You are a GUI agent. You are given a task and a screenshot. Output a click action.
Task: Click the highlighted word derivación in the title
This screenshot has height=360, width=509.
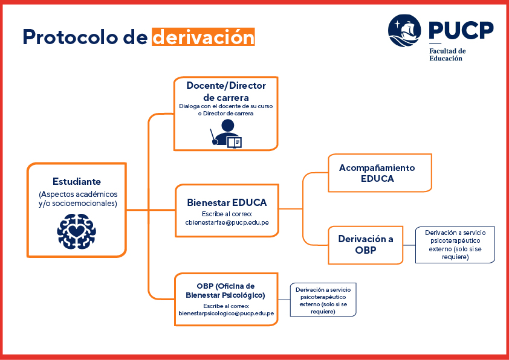204,37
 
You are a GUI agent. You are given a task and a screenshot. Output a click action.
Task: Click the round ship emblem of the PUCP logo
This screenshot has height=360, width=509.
404,31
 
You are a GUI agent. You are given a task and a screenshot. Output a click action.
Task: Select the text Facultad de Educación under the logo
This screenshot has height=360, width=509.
448,55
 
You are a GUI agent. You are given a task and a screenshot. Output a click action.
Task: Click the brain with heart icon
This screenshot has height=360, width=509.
77,231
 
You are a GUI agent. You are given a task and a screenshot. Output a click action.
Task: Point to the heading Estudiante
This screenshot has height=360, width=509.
77,181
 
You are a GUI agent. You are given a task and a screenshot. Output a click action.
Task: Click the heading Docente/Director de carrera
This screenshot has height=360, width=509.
226,91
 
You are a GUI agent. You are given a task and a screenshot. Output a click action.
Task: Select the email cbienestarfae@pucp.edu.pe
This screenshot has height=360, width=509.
227,222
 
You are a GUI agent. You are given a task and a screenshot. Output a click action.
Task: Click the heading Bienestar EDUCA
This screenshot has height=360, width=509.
227,203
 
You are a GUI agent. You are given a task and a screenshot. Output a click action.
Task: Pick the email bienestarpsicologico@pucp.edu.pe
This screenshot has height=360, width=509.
226,313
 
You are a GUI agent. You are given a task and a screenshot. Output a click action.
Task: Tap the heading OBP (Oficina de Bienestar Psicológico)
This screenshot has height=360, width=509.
225,291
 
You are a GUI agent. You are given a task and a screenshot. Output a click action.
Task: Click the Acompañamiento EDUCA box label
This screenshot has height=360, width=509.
377,173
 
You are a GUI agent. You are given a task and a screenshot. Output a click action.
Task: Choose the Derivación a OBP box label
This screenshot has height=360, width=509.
366,244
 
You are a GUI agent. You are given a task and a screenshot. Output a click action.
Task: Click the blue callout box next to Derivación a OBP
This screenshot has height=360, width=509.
455,245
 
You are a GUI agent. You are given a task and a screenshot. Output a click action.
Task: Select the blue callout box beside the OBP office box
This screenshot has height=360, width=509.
323,300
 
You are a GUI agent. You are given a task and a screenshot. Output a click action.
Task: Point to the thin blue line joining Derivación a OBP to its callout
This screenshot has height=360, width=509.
409,245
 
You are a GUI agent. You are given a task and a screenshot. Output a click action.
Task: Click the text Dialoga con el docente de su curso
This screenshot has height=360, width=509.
226,106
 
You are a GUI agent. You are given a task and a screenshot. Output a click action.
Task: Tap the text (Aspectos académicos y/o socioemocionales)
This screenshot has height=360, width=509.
78,199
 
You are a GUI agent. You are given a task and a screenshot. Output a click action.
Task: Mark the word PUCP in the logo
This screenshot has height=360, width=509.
461,30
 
